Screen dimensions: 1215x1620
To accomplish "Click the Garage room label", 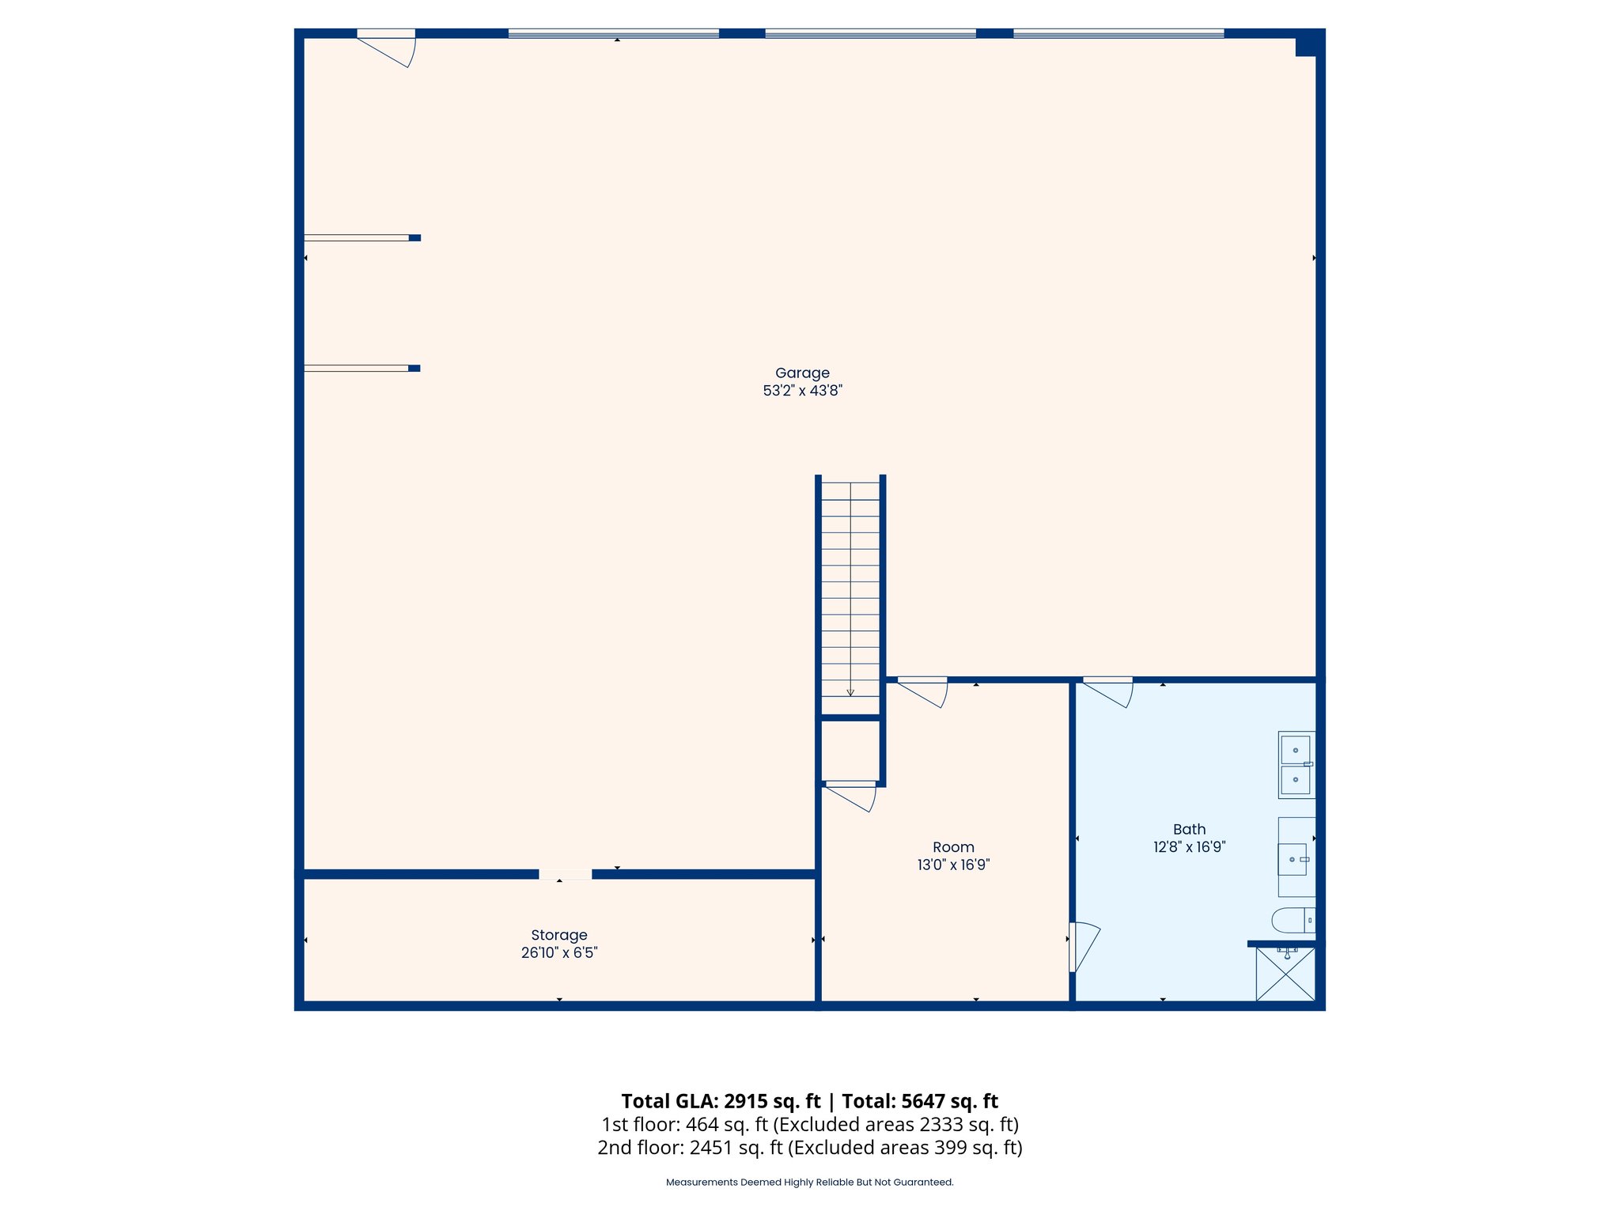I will click(x=802, y=373).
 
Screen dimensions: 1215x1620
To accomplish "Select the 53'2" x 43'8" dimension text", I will click(x=802, y=391).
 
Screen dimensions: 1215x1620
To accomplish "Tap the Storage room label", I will click(x=558, y=935).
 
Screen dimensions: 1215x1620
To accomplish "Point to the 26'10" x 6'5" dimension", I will click(x=558, y=953).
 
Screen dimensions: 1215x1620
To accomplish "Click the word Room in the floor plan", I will click(x=953, y=847).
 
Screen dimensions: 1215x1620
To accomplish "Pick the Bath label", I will click(x=1189, y=829).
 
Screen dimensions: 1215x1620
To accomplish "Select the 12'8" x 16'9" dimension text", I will click(x=1189, y=847).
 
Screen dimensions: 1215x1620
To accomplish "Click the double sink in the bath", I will click(x=1296, y=764).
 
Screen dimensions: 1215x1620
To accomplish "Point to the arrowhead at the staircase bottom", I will click(x=850, y=693).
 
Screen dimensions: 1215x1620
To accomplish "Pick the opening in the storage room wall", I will click(x=565, y=874).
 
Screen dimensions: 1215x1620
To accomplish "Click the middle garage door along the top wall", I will click(x=870, y=33).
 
